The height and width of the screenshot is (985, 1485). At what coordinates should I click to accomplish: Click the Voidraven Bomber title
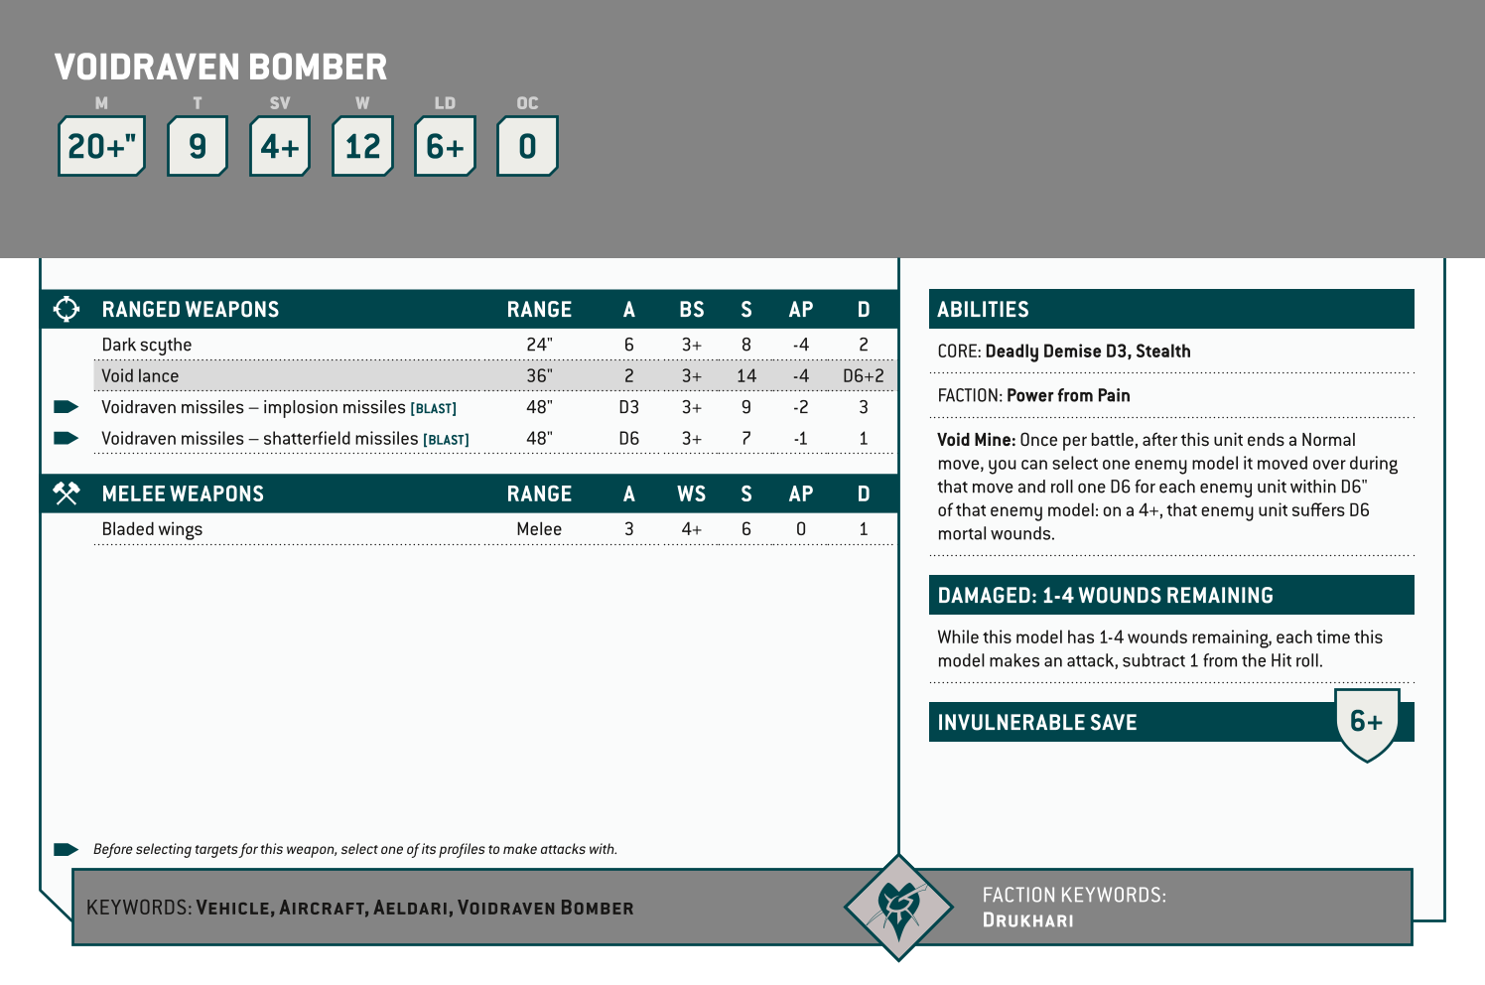(220, 68)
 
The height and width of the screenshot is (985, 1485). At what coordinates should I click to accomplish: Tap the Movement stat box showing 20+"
(102, 146)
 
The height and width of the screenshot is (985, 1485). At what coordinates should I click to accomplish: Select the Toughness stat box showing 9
(198, 146)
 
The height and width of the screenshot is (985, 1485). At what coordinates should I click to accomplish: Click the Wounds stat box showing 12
(362, 146)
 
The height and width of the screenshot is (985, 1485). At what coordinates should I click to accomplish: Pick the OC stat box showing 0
(527, 146)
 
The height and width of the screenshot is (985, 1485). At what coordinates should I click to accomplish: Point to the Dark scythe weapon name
(147, 345)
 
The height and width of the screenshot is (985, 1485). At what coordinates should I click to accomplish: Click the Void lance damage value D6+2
(863, 376)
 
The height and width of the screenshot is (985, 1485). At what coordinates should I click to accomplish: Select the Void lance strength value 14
(746, 376)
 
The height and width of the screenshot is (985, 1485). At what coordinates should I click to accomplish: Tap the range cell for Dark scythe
(539, 345)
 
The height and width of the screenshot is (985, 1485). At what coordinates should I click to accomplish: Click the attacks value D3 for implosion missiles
(628, 407)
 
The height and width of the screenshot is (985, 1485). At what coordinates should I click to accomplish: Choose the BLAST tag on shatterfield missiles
(446, 440)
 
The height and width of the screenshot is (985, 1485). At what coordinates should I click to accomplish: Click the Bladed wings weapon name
(152, 529)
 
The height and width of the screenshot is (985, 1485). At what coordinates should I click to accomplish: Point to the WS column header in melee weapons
(691, 494)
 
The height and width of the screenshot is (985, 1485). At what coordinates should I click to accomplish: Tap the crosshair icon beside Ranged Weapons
(67, 309)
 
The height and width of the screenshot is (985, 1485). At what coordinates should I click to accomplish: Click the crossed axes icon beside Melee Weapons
(67, 493)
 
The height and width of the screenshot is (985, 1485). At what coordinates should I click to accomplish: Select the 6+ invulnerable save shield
(1367, 723)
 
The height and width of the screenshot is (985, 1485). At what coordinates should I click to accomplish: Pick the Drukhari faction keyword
(1027, 920)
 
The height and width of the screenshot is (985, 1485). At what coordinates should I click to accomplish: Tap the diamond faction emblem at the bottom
(898, 907)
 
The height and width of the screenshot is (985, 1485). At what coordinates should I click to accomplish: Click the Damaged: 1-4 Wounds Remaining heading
(1105, 596)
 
